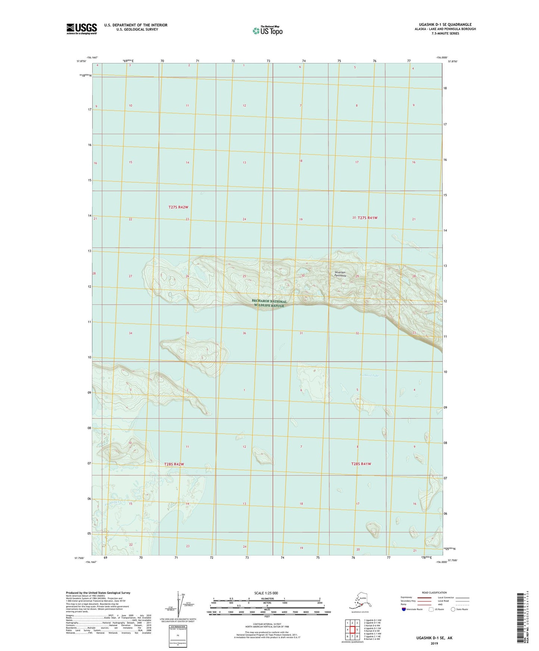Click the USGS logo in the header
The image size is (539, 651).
[82, 29]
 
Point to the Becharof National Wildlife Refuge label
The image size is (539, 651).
[269, 304]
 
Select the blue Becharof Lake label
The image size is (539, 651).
[369, 375]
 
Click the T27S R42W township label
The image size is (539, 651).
[181, 207]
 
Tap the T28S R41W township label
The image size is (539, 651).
[361, 464]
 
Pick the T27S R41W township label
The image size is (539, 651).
[367, 218]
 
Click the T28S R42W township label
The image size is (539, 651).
[174, 464]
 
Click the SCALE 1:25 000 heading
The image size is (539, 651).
[267, 593]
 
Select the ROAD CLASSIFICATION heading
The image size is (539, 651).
[434, 592]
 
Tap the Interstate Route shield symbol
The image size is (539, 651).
[404, 609]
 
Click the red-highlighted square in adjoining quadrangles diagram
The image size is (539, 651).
[352, 630]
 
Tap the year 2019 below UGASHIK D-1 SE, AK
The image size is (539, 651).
[434, 644]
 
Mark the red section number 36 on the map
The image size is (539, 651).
[244, 333]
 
